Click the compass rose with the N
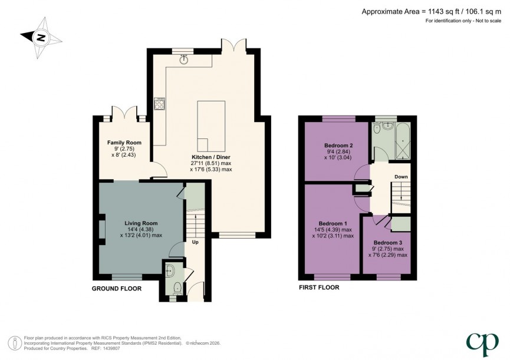coord(41,38)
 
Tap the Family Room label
coord(124,143)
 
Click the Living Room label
coord(141,223)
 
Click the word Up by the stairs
coord(195,242)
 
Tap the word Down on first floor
coord(401,177)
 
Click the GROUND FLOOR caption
coord(116,289)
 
